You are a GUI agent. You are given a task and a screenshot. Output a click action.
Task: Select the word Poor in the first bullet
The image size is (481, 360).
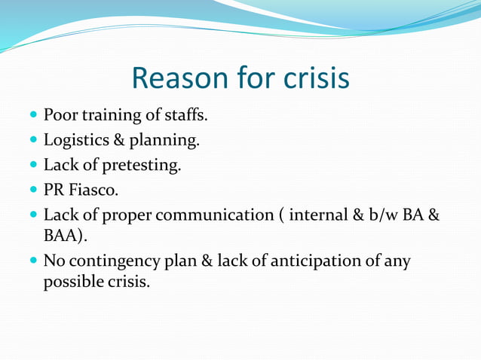[60, 116]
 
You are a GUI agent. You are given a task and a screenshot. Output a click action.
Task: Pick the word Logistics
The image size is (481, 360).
[75, 141]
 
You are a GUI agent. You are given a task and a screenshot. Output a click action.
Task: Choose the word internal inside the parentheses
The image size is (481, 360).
[311, 215]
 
